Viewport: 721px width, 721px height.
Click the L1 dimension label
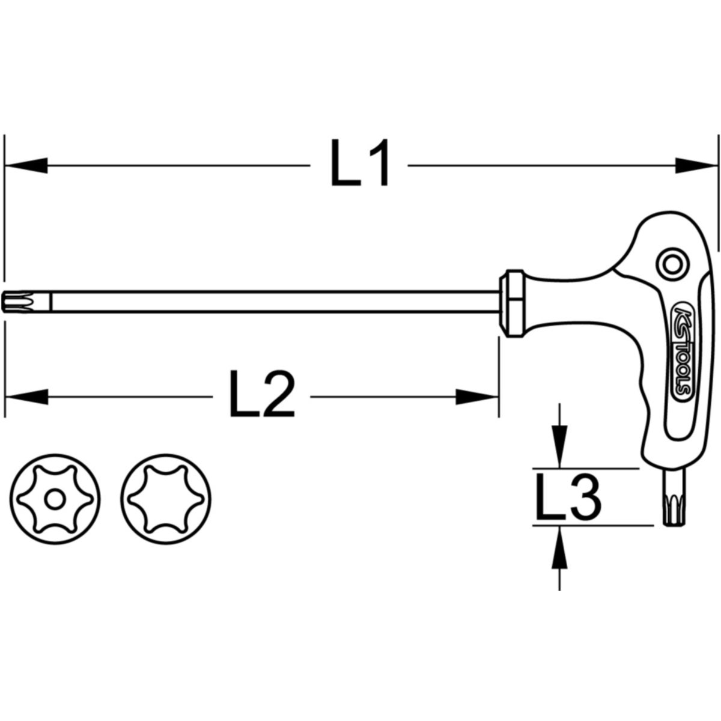tap(360, 163)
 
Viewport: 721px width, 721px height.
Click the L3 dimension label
tap(568, 497)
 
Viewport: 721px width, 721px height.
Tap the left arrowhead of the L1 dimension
tap(26, 165)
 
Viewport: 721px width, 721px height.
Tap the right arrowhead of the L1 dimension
tap(696, 165)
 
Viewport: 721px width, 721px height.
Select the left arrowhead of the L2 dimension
tap(27, 397)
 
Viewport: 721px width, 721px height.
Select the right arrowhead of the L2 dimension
tap(476, 397)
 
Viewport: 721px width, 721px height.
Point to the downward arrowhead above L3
tap(559, 446)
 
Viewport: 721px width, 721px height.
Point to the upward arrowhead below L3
tap(559, 547)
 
